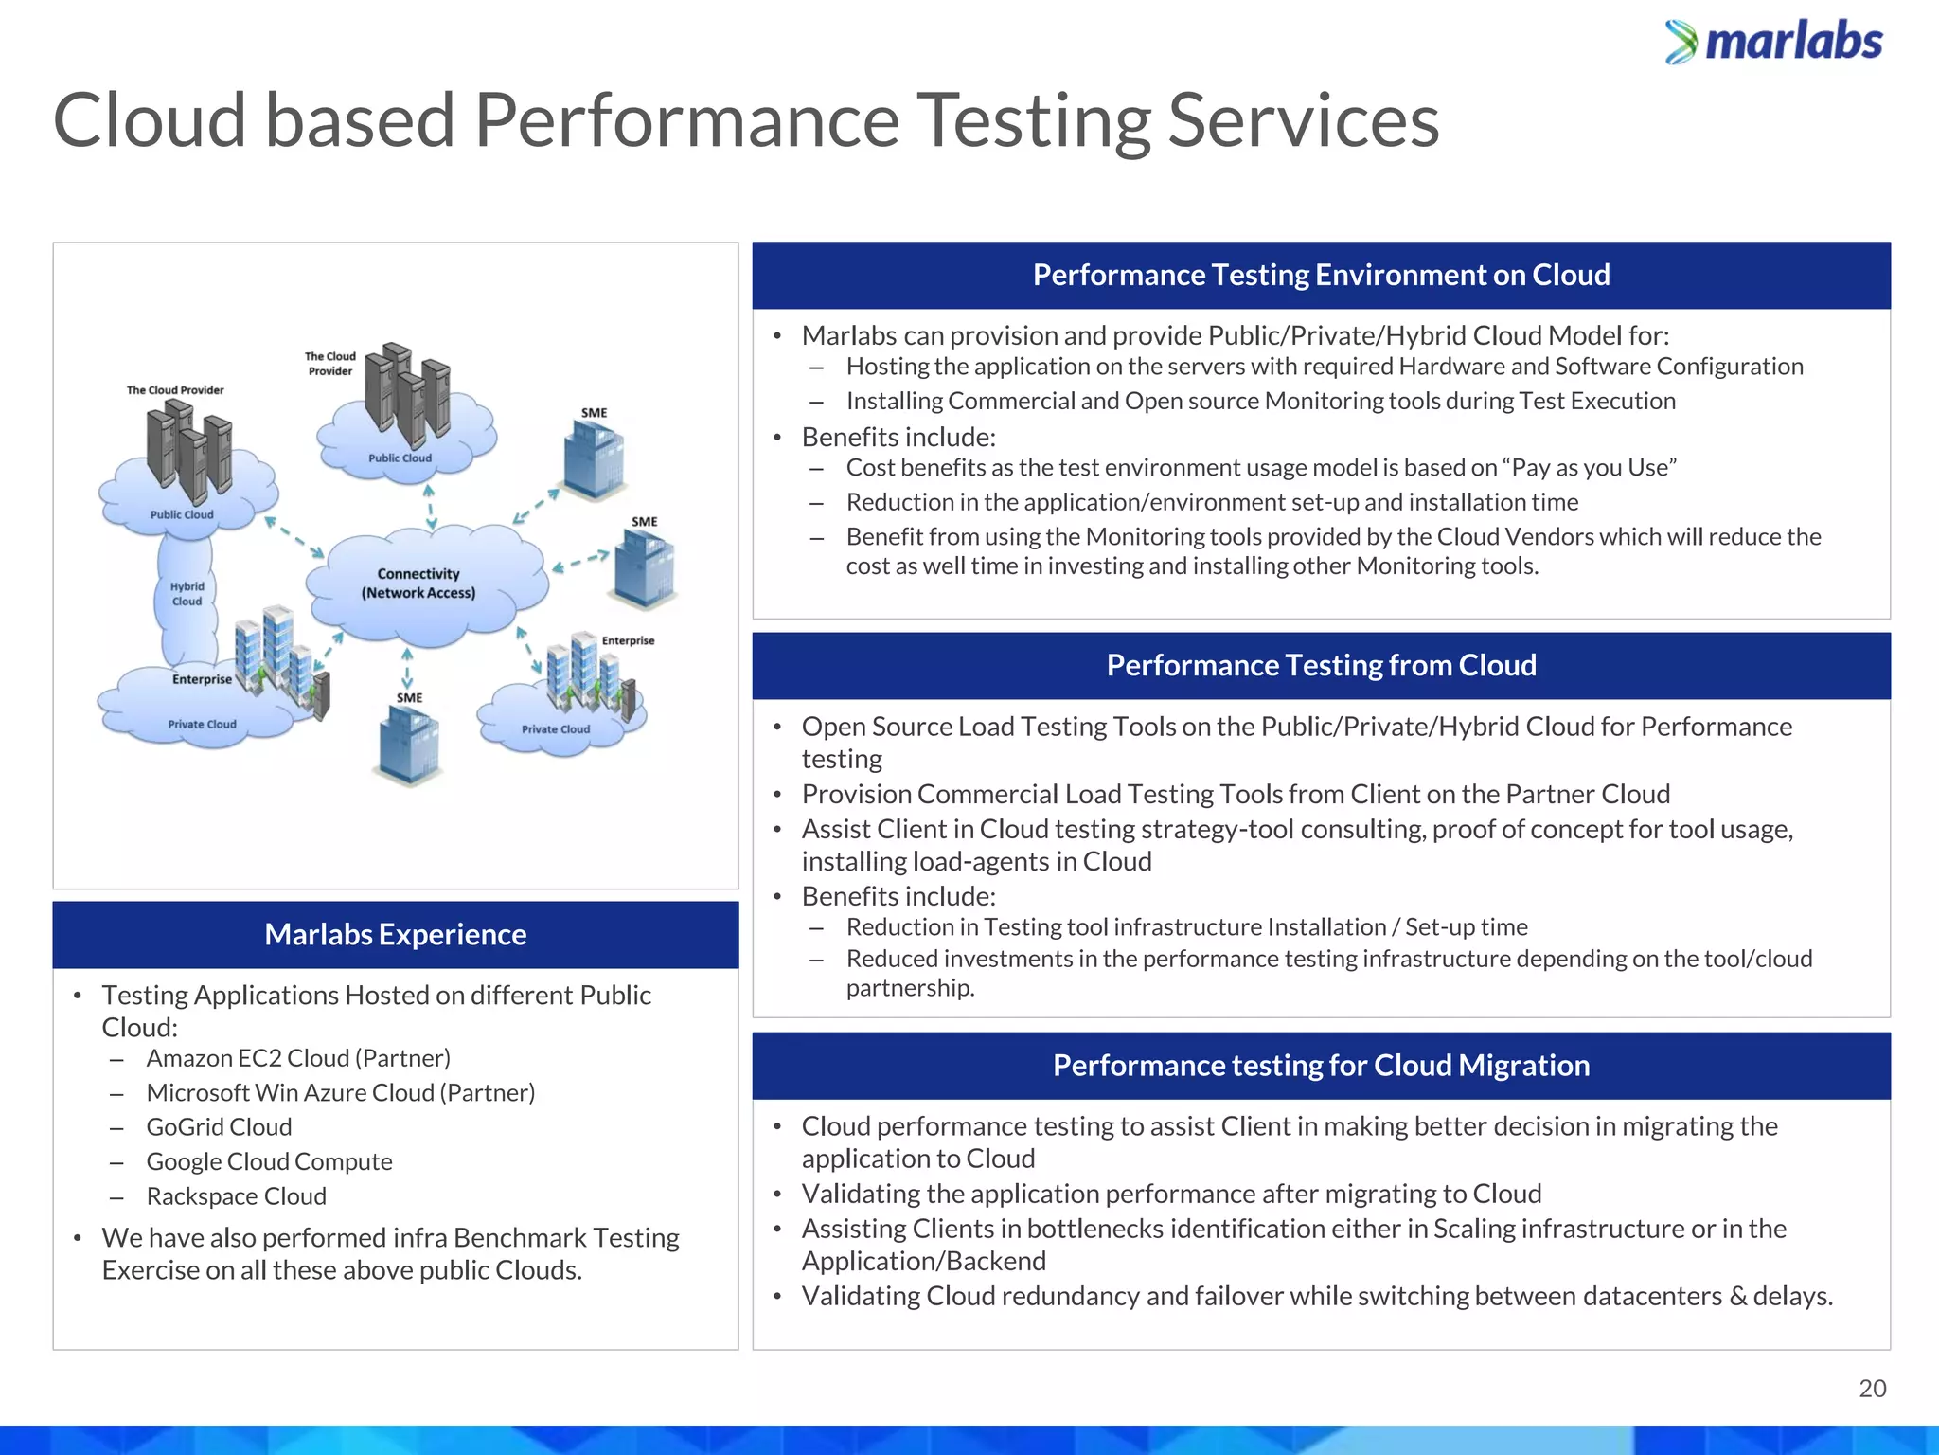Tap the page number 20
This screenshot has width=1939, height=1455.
(x=1872, y=1389)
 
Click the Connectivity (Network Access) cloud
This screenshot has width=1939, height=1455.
(x=418, y=584)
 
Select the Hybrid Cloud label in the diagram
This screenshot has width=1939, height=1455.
(x=187, y=594)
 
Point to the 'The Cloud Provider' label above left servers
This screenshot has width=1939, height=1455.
(x=175, y=390)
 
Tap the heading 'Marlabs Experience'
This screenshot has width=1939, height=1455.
(x=395, y=935)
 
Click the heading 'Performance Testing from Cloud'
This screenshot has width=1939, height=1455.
(x=1321, y=666)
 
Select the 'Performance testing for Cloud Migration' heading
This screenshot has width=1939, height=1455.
(x=1321, y=1066)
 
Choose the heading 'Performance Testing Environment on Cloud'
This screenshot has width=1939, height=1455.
(x=1321, y=276)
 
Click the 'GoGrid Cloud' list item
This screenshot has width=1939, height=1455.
(x=219, y=1127)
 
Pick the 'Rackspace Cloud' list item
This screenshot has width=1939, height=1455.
(x=236, y=1196)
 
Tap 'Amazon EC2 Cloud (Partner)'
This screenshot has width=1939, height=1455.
(x=298, y=1058)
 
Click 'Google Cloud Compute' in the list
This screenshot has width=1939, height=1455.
(x=269, y=1162)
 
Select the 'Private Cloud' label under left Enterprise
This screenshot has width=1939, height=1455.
(x=202, y=725)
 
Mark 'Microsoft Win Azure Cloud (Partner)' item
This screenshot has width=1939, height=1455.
(x=341, y=1093)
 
